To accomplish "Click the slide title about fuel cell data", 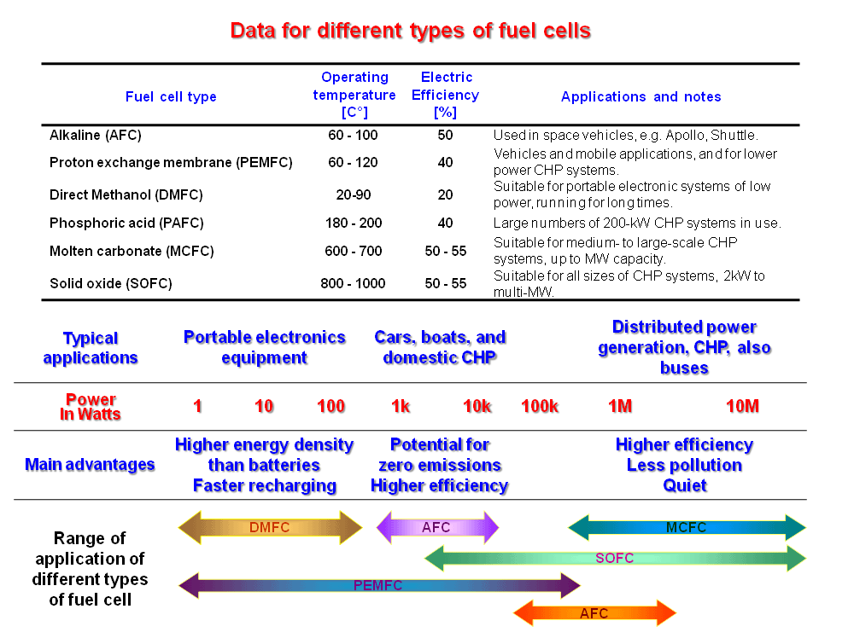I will pos(410,32).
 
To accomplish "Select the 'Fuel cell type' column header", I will pos(171,96).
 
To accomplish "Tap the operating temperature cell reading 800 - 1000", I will pos(353,283).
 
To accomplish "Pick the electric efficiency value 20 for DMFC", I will pos(445,194).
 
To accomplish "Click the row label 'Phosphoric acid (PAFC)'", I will pos(126,223).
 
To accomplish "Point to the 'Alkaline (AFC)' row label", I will pos(96,135).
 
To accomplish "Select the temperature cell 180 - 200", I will pos(353,223).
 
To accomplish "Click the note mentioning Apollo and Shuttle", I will pos(625,135).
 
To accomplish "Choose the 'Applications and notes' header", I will pos(640,96).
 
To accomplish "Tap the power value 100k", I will pos(540,406).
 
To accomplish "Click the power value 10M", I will pos(742,406).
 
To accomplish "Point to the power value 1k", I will pos(401,406).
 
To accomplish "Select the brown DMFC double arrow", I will pos(270,528).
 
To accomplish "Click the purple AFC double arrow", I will pos(437,528).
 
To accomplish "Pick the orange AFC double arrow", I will pos(594,613).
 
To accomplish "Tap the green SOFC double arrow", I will pos(615,559).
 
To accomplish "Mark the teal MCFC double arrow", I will pos(687,528).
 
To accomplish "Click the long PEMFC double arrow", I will pos(378,586).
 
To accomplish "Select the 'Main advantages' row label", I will pos(90,465).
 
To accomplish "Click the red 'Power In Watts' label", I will pos(90,407).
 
